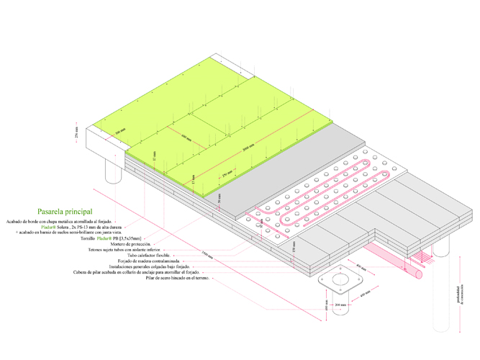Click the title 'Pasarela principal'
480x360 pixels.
pyautogui.click(x=64, y=212)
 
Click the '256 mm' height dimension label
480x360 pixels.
pyautogui.click(x=76, y=134)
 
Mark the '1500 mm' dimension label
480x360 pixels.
pyautogui.click(x=208, y=254)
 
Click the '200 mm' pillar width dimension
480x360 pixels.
pyautogui.click(x=340, y=305)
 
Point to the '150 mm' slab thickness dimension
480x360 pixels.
pyautogui.click(x=294, y=246)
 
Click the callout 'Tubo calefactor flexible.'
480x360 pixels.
pyautogui.click(x=152, y=256)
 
